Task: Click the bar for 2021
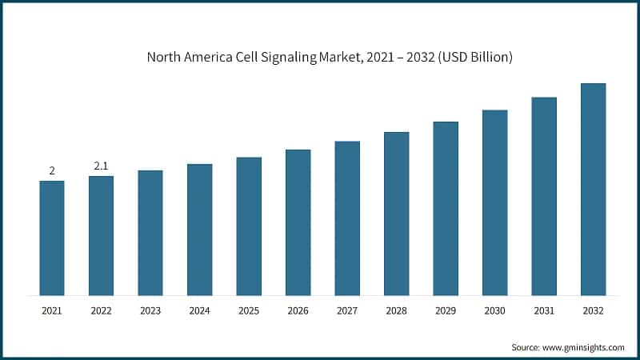pos(52,238)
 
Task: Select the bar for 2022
pos(101,235)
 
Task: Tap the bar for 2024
pos(200,230)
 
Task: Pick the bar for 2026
pos(298,222)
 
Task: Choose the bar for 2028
pos(397,214)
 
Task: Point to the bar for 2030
pos(495,202)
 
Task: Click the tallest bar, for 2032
pos(593,189)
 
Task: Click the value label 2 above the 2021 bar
pos(52,170)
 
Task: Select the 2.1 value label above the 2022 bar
pos(101,166)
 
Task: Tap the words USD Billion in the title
pos(475,58)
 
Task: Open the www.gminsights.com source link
pos(584,347)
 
